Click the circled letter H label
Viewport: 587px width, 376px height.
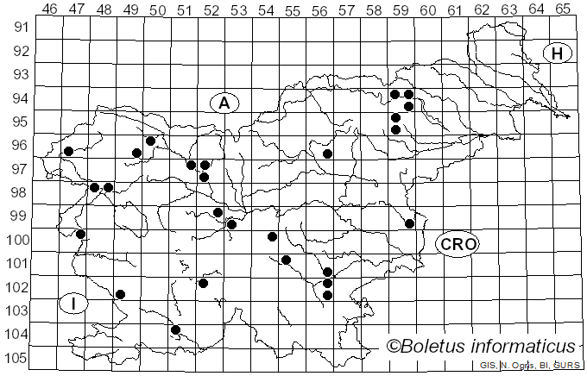click(x=558, y=53)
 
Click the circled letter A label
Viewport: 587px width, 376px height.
click(x=224, y=103)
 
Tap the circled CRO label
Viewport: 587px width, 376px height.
click(x=458, y=244)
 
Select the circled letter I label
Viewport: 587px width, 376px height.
click(x=74, y=303)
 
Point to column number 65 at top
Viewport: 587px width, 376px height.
click(x=562, y=9)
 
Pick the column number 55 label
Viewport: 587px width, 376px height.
click(x=293, y=9)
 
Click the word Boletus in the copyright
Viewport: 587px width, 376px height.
click(x=437, y=346)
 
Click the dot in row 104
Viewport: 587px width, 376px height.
click(x=175, y=329)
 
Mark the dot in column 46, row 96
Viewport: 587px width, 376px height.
click(x=68, y=151)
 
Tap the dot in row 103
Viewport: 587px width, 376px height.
click(x=121, y=295)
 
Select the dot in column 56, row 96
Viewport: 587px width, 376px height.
click(x=327, y=154)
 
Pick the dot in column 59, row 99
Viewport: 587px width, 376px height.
click(x=409, y=223)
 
